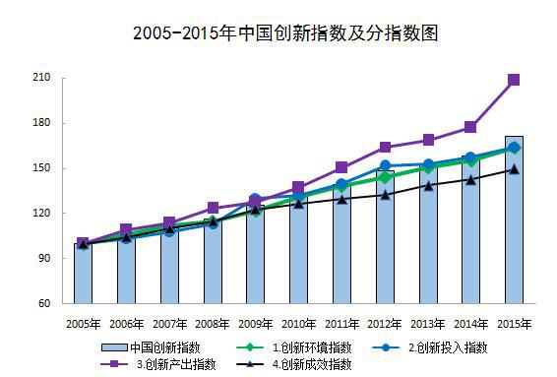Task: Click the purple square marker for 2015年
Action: (514, 80)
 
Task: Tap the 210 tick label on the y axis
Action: (42, 78)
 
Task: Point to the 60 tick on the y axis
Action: (45, 303)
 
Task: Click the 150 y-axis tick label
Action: (42, 168)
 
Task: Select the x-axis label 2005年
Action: (83, 323)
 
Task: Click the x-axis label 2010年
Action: (298, 323)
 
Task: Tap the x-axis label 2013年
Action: (427, 323)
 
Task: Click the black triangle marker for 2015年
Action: (514, 169)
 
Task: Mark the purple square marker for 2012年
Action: (385, 148)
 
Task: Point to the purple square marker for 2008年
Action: (213, 208)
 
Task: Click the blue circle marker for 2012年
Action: (385, 166)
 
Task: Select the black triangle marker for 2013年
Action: (427, 185)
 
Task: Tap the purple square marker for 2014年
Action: (470, 127)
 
